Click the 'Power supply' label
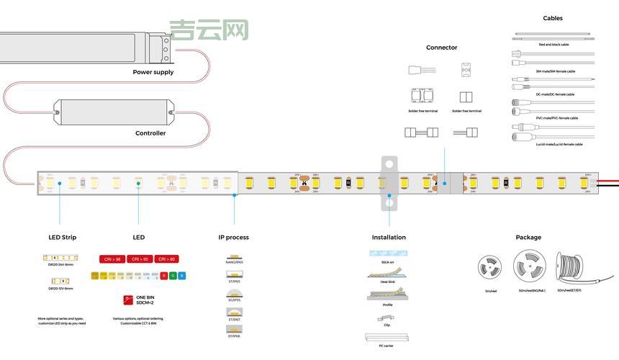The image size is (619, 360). pyautogui.click(x=153, y=72)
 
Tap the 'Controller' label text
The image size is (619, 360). pyautogui.click(x=150, y=133)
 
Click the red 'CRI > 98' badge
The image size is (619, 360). pyautogui.click(x=112, y=259)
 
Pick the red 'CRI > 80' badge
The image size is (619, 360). pyautogui.click(x=166, y=259)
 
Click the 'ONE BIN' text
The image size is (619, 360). pyautogui.click(x=145, y=297)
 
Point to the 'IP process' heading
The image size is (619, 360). pyautogui.click(x=233, y=238)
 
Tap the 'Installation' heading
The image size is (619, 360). pyautogui.click(x=389, y=238)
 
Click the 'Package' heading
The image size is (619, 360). pyautogui.click(x=528, y=238)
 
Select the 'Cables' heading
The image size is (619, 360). pyautogui.click(x=553, y=18)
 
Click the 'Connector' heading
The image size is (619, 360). pyautogui.click(x=441, y=48)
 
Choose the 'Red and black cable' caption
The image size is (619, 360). pyautogui.click(x=554, y=45)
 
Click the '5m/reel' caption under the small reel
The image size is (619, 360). pyautogui.click(x=490, y=291)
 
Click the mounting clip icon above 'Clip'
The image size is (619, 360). pyautogui.click(x=387, y=317)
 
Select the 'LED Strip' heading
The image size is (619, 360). pyautogui.click(x=63, y=238)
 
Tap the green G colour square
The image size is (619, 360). pyautogui.click(x=173, y=275)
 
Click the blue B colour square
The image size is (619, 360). pyautogui.click(x=181, y=275)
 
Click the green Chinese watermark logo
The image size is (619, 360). pyautogui.click(x=209, y=30)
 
